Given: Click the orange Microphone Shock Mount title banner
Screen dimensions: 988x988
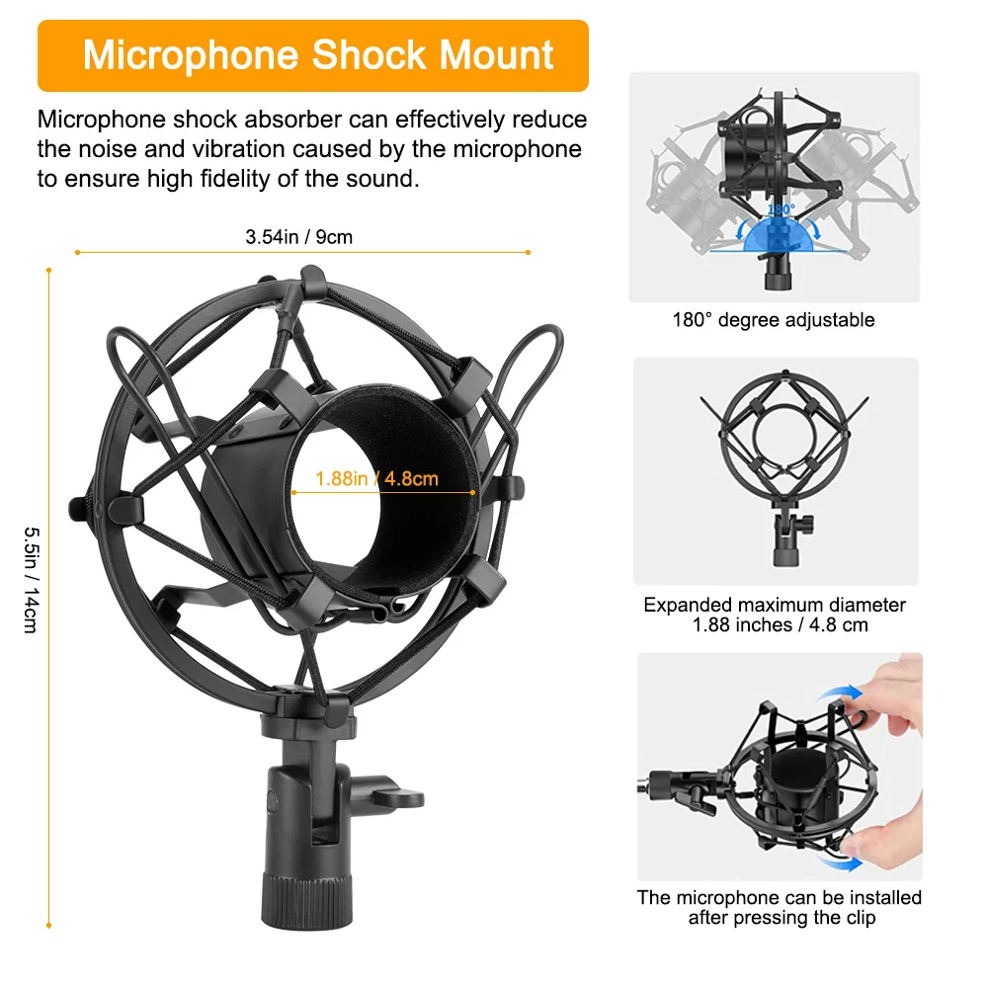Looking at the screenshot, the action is pyautogui.click(x=312, y=55).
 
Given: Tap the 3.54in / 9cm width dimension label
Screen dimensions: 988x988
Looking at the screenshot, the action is pyautogui.click(x=298, y=237).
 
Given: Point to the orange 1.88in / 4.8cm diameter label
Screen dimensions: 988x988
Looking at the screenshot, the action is pyautogui.click(x=376, y=479).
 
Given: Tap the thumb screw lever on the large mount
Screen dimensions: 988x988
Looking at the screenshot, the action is pyautogui.click(x=395, y=795).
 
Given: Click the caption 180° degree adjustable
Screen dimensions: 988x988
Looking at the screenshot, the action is pyautogui.click(x=774, y=320).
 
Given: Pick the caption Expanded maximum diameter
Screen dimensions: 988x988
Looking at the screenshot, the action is pyautogui.click(x=775, y=605).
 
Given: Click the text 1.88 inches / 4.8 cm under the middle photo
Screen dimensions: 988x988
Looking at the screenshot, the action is pyautogui.click(x=775, y=625).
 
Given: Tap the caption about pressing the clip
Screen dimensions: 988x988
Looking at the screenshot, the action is pyautogui.click(x=779, y=907).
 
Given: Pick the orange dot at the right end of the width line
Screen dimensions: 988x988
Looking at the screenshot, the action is pyautogui.click(x=529, y=252).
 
